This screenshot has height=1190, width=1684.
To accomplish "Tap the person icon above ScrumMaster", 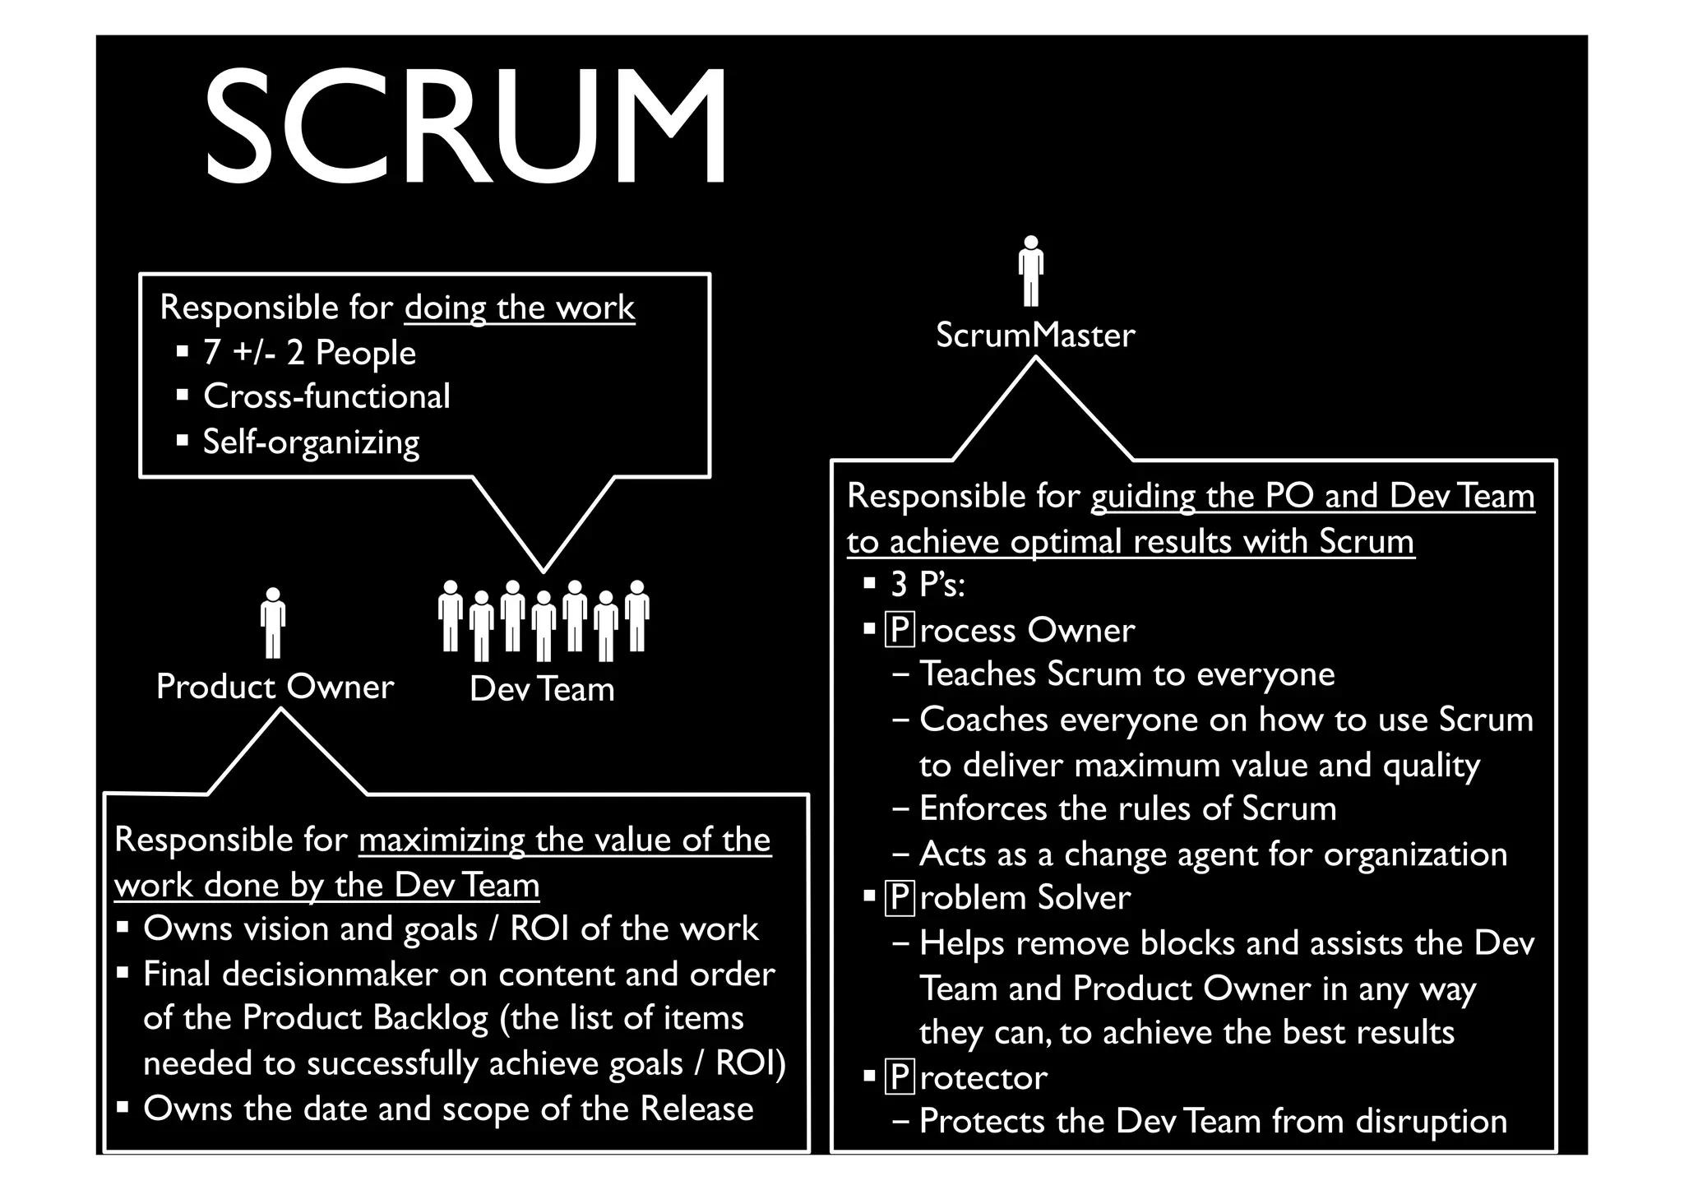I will pos(1030,271).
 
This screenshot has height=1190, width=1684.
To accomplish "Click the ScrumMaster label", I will pos(1035,335).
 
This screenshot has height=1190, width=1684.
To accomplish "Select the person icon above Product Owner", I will pos(273,623).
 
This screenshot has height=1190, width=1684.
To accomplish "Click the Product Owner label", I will pos(275,687).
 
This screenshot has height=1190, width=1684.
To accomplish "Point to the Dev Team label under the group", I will pos(542,689).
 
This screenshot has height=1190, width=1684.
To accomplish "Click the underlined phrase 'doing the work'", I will pos(520,308).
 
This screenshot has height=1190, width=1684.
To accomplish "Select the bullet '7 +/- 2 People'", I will pos(309,353).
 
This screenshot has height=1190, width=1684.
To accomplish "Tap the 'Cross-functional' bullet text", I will pos(326,397).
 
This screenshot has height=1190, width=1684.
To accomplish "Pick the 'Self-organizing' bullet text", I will pos(311,442).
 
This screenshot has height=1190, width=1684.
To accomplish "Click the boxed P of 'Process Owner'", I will pos(900,631).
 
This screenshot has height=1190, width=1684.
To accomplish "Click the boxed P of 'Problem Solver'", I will pos(900,898).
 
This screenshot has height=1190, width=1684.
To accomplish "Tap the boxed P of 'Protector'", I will pos(900,1077).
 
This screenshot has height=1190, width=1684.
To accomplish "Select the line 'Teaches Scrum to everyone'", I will pos(1127,674).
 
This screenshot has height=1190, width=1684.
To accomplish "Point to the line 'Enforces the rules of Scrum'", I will pos(1127,809).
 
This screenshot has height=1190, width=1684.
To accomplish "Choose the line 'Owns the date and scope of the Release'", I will pos(448,1109).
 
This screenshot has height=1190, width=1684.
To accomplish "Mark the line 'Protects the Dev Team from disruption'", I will pos(1213,1122).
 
